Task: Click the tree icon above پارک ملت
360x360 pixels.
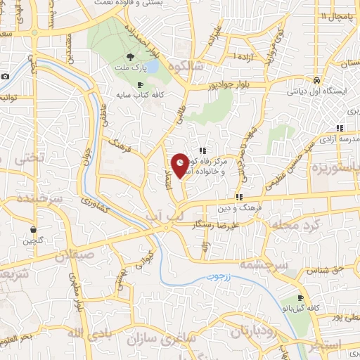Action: tap(130, 57)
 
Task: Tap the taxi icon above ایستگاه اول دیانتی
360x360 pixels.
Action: tap(317, 80)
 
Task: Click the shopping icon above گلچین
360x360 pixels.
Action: tap(33, 229)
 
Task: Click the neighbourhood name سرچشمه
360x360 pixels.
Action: tap(261, 265)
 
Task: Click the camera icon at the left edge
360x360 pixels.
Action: tap(5, 76)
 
